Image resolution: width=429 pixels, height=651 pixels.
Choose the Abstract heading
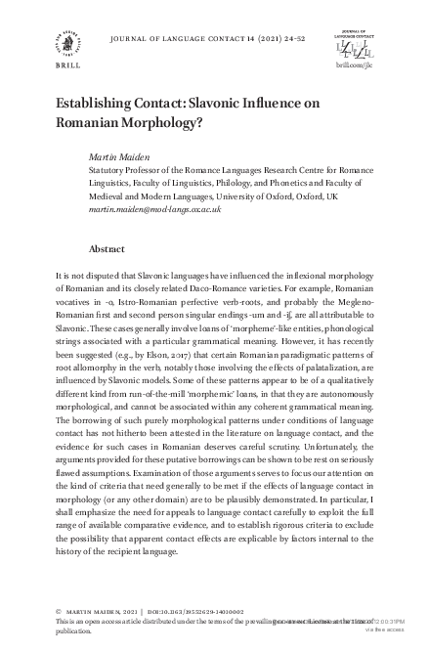pyautogui.click(x=107, y=249)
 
